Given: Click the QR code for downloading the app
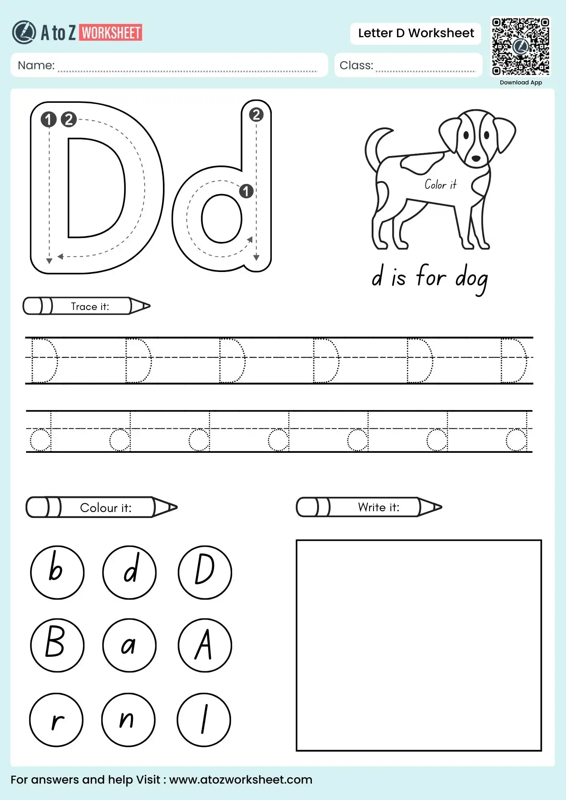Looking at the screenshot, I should (520, 46).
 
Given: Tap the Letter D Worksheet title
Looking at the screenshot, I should (415, 33).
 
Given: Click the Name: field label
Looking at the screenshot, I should (36, 65).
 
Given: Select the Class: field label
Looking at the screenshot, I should (356, 65).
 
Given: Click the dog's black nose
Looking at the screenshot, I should (476, 158).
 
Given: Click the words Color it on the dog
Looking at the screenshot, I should (440, 185).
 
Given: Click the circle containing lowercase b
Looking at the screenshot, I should (57, 572).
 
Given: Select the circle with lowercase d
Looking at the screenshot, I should (129, 572).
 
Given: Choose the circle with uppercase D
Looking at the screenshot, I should (205, 572).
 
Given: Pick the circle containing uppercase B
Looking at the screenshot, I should (57, 645).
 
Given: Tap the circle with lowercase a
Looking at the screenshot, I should (129, 645).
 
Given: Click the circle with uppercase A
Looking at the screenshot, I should (205, 645).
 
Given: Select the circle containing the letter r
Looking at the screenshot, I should (56, 720).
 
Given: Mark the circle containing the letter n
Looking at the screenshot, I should (128, 720).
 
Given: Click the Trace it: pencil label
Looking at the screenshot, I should (90, 306).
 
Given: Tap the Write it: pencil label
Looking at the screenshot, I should (378, 507).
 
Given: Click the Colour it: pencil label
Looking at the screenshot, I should (105, 508).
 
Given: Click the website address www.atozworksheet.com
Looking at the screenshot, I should (241, 780).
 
